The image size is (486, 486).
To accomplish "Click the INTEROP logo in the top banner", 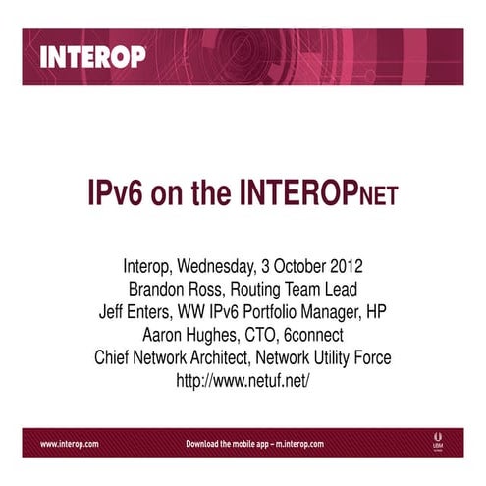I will tap(92, 56).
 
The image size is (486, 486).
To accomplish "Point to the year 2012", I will tap(347, 267).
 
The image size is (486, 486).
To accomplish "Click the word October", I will tap(298, 267).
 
